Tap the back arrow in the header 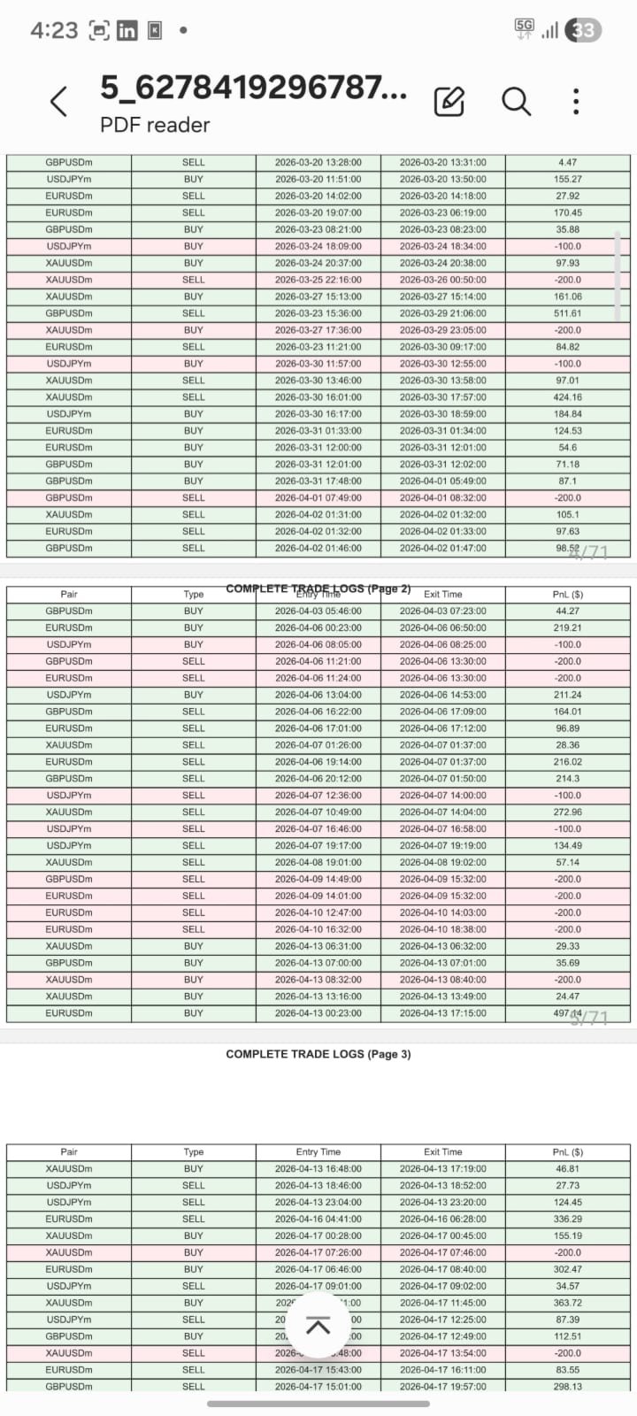pyautogui.click(x=59, y=102)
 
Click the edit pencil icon pyautogui.click(x=449, y=102)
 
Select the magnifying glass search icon pyautogui.click(x=516, y=102)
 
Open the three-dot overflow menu pyautogui.click(x=576, y=102)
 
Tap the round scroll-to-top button pyautogui.click(x=318, y=1325)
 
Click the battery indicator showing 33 pyautogui.click(x=583, y=30)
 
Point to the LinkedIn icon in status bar pyautogui.click(x=127, y=31)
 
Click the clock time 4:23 pyautogui.click(x=54, y=31)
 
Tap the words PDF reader pyautogui.click(x=155, y=126)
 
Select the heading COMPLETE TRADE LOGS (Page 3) pyautogui.click(x=318, y=1054)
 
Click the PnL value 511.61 pyautogui.click(x=568, y=313)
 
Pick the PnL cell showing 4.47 pyautogui.click(x=568, y=163)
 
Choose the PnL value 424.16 pyautogui.click(x=568, y=397)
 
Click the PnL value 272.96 pyautogui.click(x=568, y=812)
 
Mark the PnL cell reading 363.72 pyautogui.click(x=568, y=1303)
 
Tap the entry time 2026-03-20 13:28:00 pyautogui.click(x=318, y=163)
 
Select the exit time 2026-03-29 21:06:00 pyautogui.click(x=443, y=313)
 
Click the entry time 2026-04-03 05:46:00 pyautogui.click(x=318, y=612)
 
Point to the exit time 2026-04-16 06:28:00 pyautogui.click(x=443, y=1219)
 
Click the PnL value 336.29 pyautogui.click(x=568, y=1219)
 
